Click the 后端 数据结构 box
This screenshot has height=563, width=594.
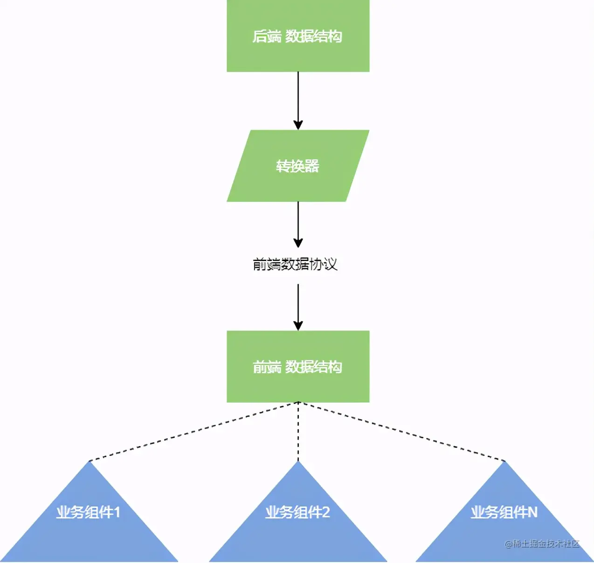pos(298,36)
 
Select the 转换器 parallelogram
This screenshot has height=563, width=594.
pos(298,166)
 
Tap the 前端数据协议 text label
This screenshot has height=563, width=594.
pos(295,264)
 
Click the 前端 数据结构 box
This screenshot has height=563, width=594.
pos(298,367)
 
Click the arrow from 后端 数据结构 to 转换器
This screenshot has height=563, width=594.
pos(298,98)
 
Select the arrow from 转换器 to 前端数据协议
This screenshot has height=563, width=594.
pos(298,221)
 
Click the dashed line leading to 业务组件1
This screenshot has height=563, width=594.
pos(193,432)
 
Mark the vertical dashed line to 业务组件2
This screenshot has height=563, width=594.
pos(298,432)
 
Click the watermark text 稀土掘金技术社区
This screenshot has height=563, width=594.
pos(546,543)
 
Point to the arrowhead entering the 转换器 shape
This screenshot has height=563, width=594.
pos(298,125)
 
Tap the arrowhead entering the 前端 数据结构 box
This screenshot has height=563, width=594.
pos(298,326)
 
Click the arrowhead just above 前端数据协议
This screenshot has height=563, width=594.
pos(298,243)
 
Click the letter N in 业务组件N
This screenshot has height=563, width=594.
pos(532,513)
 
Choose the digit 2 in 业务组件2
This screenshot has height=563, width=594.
pos(325,513)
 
